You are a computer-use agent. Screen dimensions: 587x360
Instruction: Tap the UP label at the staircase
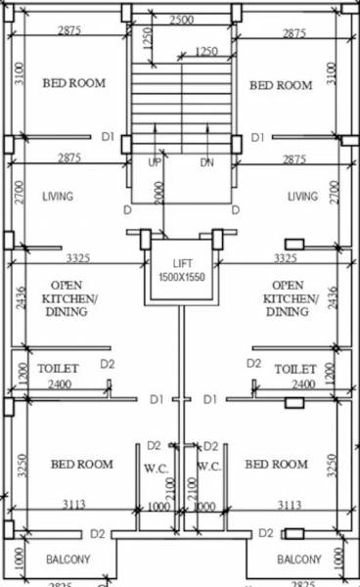point(155,161)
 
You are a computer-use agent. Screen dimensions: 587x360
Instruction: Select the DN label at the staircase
point(206,161)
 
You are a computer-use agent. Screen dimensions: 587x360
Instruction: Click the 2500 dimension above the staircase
point(180,20)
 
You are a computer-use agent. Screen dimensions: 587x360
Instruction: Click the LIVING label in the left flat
point(58,197)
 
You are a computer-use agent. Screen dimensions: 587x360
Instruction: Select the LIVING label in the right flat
point(302,197)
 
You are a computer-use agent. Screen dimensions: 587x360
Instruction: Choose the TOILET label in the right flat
point(294,369)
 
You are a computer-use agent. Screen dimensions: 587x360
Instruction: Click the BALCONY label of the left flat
point(68,560)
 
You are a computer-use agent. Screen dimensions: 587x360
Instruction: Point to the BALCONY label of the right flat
point(298,560)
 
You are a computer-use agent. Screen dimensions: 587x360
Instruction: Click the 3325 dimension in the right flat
point(286,258)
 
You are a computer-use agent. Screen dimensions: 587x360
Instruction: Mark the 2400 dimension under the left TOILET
point(59,385)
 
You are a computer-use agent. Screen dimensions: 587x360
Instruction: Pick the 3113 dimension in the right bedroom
point(289,505)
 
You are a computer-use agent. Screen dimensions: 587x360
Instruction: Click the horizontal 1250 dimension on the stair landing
point(205,51)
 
